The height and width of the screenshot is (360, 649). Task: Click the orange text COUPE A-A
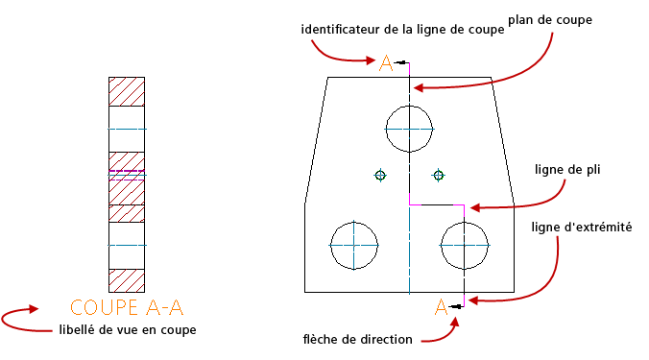(126, 307)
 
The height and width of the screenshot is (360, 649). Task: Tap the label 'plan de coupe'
(550, 20)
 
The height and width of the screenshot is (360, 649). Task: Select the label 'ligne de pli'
(567, 170)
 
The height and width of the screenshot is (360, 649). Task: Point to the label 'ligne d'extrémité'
(582, 228)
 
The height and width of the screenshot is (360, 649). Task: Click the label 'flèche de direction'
(357, 339)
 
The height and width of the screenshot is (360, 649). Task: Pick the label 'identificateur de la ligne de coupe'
(402, 30)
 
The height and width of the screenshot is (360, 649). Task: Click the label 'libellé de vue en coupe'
(128, 330)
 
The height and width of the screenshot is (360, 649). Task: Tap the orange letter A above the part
(386, 63)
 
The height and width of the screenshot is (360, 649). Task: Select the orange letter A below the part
(442, 307)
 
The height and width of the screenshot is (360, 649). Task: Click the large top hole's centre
(409, 129)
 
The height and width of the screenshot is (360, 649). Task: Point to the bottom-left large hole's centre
(354, 246)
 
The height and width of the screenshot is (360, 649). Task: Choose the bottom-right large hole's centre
(465, 246)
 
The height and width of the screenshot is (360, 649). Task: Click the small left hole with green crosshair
(380, 176)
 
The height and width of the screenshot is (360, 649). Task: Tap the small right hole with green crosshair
(439, 176)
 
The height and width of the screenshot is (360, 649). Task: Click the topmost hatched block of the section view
(127, 91)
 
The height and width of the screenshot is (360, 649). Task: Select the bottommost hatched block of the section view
(127, 280)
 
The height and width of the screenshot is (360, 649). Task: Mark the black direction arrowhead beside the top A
(400, 62)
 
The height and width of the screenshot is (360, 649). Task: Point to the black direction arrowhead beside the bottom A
(456, 306)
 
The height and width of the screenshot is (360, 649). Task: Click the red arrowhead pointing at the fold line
(474, 207)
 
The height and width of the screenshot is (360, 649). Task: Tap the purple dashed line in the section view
(127, 171)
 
